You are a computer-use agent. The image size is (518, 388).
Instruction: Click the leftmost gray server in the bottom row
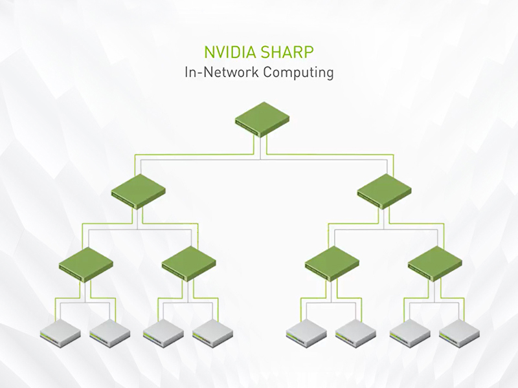60,331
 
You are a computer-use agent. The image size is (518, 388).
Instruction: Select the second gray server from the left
109,331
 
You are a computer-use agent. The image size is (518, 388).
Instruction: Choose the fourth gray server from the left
212,331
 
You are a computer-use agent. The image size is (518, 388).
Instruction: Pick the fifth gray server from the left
306,331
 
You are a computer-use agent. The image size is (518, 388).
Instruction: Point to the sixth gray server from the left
355,331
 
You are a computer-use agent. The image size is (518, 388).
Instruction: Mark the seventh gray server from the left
409,331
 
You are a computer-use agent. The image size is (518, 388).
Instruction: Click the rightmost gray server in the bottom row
458,331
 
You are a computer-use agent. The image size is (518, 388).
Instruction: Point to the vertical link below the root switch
261,145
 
